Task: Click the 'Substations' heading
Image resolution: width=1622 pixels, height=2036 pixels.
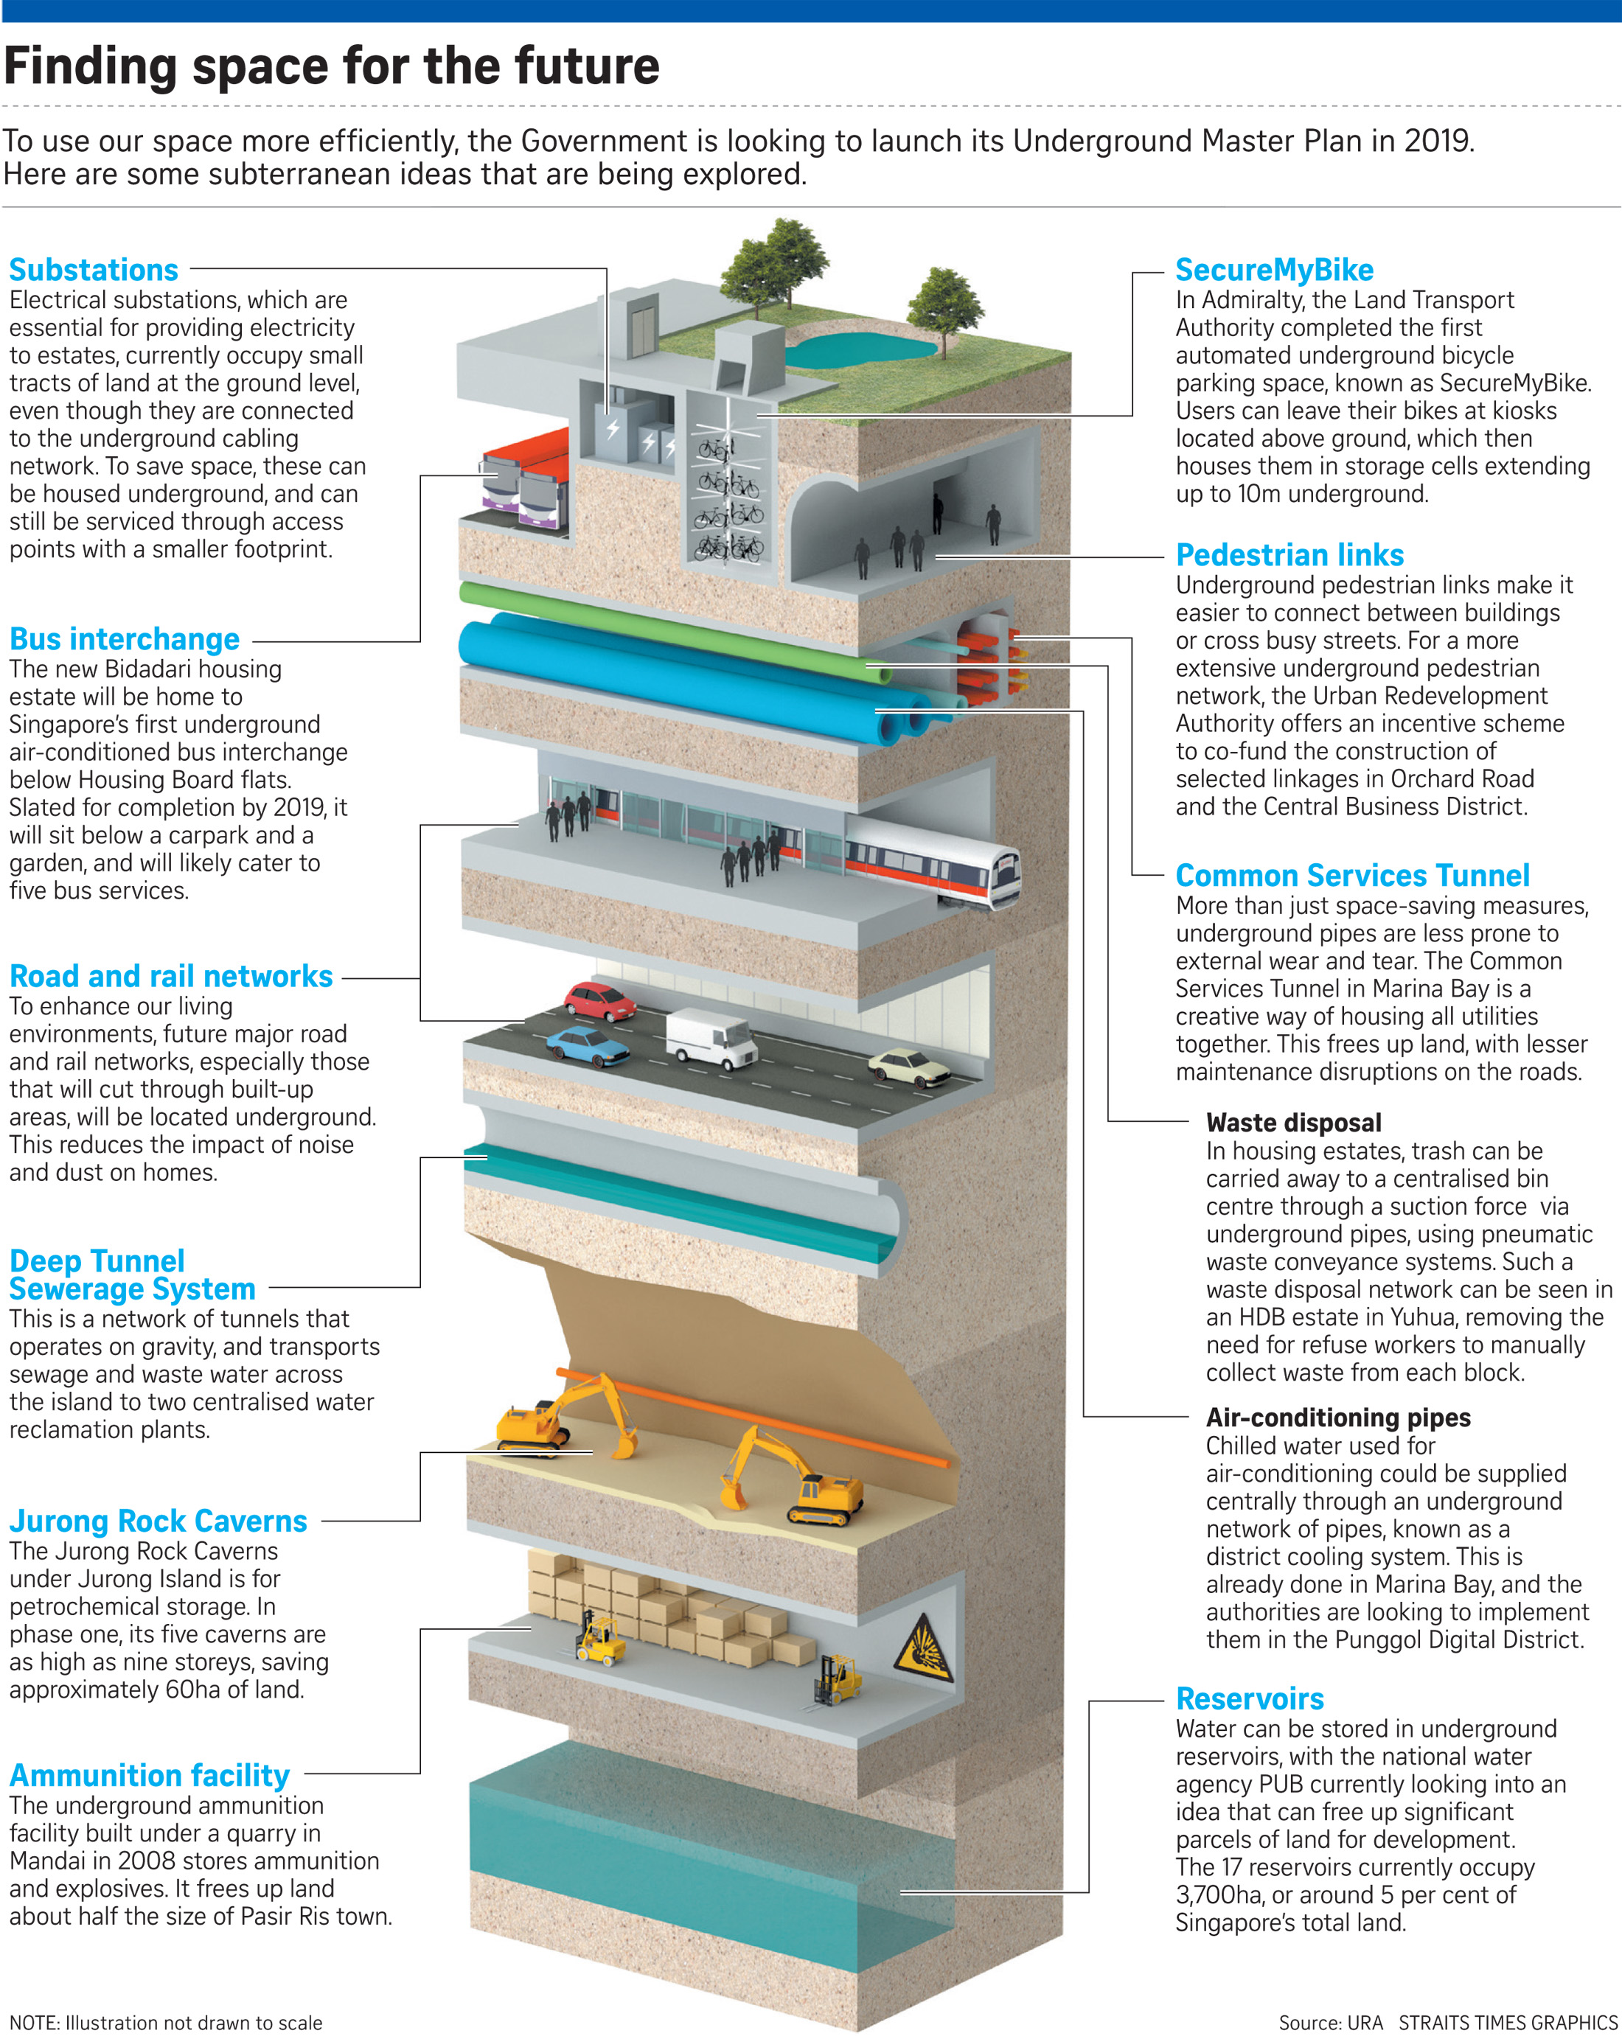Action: click(x=94, y=270)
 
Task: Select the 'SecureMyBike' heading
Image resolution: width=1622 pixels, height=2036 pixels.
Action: click(x=1274, y=270)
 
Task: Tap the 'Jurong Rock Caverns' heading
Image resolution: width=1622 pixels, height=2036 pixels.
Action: click(x=158, y=1521)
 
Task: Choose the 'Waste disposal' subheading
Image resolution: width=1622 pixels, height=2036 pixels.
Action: click(x=1293, y=1123)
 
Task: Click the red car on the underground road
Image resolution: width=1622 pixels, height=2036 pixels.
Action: click(x=601, y=1001)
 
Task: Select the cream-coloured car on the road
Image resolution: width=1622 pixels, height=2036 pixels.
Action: click(x=909, y=1067)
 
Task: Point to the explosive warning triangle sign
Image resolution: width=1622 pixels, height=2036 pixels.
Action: click(x=923, y=1649)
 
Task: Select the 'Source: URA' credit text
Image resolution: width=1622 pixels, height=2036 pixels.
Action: click(x=1330, y=2022)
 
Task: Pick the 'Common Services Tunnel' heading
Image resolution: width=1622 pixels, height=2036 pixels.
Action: click(x=1353, y=876)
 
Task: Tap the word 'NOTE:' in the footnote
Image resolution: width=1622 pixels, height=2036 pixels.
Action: click(x=34, y=2022)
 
